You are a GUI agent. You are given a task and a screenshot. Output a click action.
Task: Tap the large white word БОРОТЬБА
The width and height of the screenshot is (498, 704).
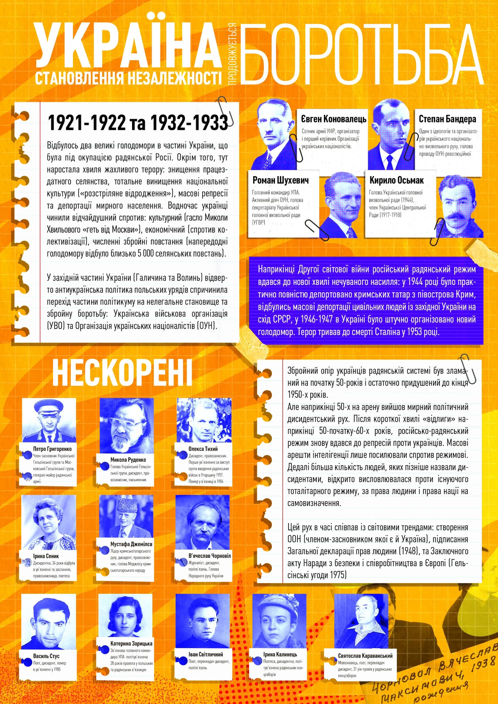[361, 55]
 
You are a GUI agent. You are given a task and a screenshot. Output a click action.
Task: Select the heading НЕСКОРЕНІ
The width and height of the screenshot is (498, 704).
[122, 373]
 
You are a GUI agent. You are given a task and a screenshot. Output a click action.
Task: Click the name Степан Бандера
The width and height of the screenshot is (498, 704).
[447, 119]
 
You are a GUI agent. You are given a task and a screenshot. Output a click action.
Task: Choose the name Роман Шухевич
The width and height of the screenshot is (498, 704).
[280, 180]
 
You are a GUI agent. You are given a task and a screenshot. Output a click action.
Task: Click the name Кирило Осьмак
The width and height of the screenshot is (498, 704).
[396, 180]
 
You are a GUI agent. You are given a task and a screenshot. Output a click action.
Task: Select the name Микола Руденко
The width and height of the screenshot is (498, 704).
[128, 460]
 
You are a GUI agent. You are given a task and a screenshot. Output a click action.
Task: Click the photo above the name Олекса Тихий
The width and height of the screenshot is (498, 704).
[204, 420]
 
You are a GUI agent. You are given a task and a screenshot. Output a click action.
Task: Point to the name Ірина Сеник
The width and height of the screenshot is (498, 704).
[46, 556]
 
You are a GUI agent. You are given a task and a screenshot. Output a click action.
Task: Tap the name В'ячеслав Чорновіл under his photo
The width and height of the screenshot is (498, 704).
[209, 556]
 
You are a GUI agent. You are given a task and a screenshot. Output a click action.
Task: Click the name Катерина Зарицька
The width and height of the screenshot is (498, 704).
[131, 643]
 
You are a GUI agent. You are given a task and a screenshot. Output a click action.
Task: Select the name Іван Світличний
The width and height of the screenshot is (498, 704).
[206, 654]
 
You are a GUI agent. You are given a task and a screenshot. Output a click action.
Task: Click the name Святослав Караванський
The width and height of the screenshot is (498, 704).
[365, 656]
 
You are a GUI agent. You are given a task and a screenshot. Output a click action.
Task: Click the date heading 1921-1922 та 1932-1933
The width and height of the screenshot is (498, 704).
[138, 123]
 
